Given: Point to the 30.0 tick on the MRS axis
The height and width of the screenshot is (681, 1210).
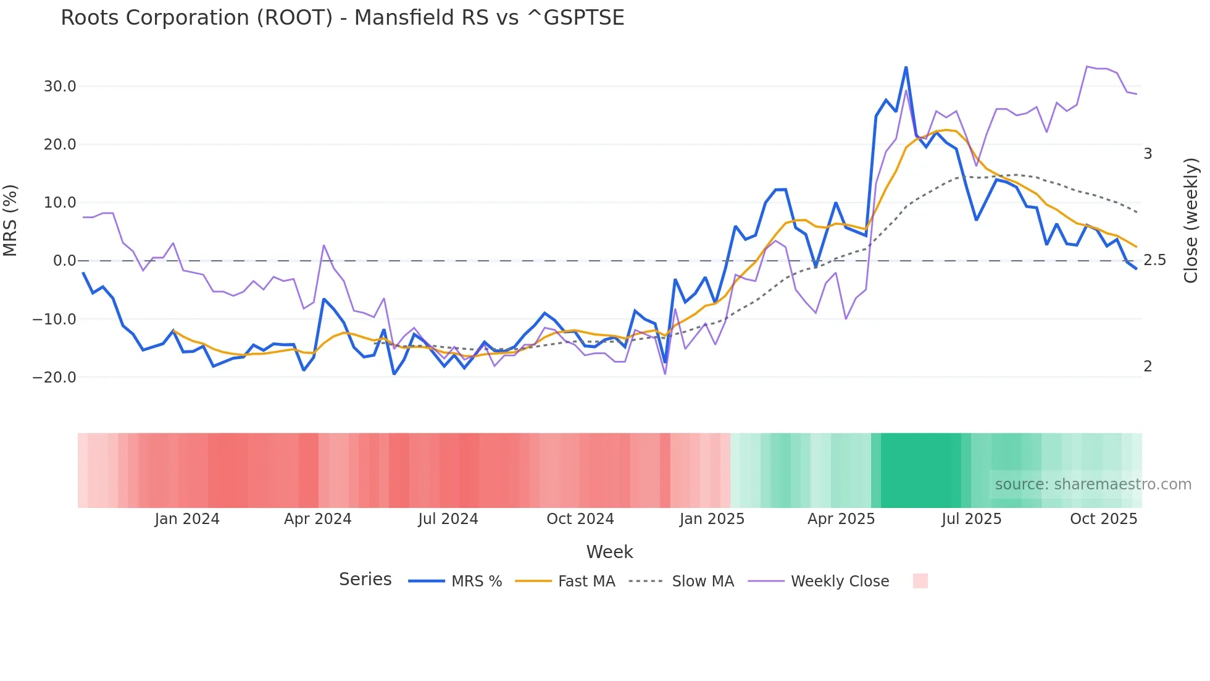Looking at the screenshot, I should tap(59, 87).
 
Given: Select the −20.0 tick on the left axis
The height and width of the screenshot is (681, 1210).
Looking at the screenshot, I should tap(54, 377).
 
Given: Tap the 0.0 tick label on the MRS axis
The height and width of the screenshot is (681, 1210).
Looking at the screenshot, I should tap(64, 261).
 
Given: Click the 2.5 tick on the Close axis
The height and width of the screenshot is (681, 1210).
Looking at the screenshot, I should tap(1154, 260).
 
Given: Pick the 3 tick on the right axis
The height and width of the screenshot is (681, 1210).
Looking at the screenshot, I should tap(1148, 154).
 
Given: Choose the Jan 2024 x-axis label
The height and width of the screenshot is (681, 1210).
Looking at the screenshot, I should tap(186, 519).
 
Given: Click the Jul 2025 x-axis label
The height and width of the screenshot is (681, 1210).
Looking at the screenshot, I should tap(971, 519).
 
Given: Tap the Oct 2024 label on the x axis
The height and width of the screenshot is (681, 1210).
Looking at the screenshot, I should tap(580, 519).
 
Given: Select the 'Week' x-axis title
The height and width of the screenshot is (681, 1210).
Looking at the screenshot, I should tap(609, 552).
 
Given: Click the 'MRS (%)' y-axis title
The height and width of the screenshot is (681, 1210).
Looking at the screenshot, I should tap(10, 221).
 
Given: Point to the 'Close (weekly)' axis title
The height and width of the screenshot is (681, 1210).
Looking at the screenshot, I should tap(1191, 221).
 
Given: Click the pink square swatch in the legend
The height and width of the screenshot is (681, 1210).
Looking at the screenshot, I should tap(920, 581).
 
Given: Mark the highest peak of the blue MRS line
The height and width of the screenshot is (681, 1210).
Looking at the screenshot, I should tap(906, 67).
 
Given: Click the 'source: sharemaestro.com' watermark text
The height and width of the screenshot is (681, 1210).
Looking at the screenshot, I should tap(1093, 484).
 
